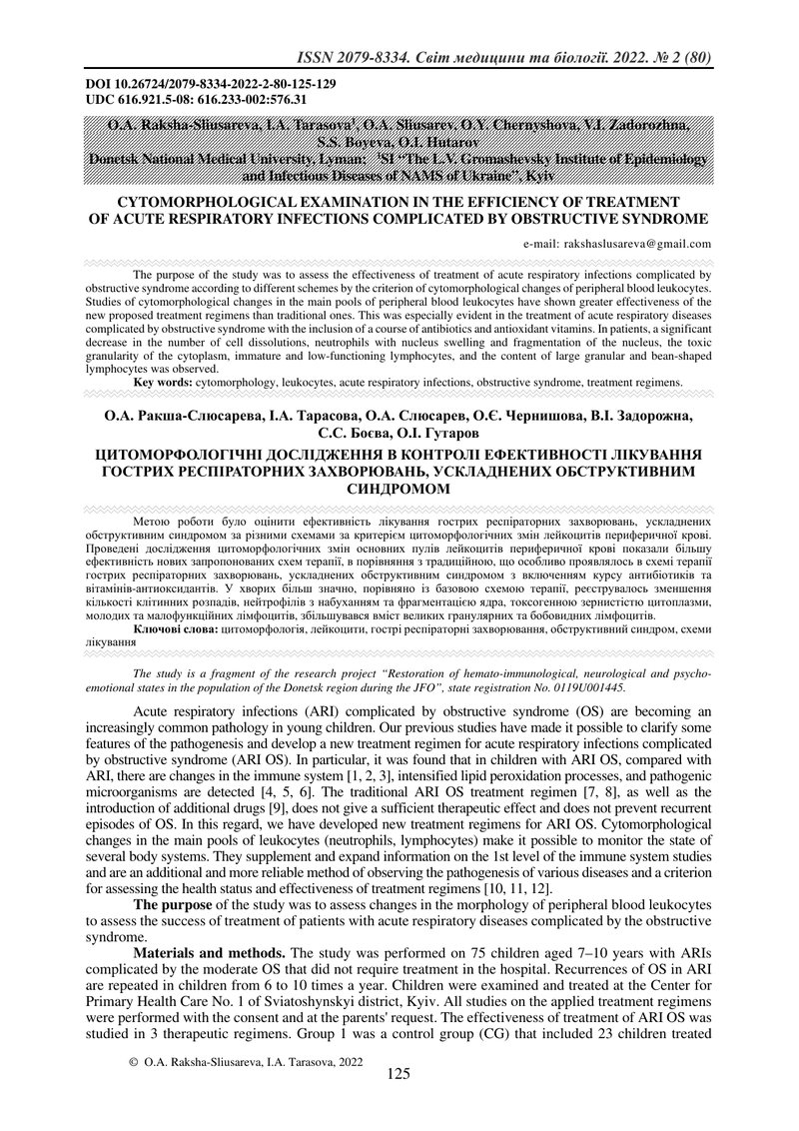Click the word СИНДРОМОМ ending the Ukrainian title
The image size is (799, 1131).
(399, 489)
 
